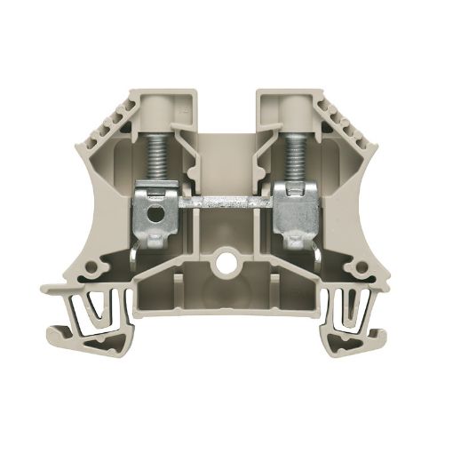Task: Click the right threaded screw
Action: coord(290,155)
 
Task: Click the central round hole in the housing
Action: coord(230,265)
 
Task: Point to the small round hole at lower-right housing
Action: coord(359,269)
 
